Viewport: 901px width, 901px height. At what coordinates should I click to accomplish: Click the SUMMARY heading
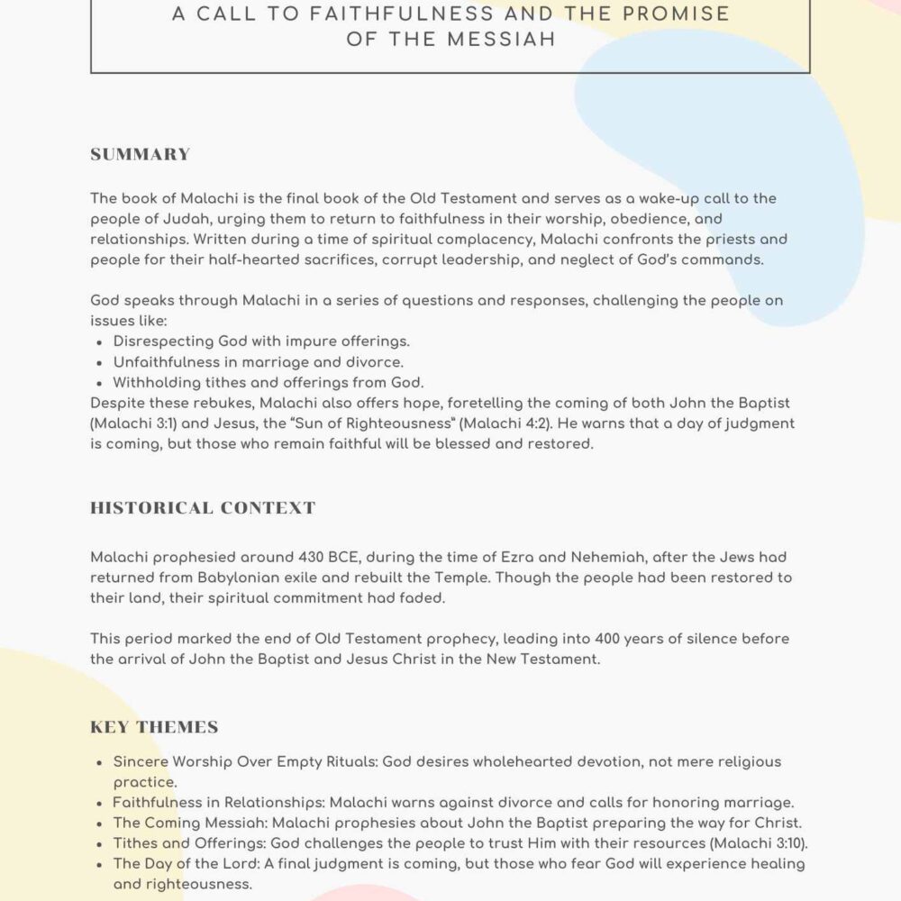[x=141, y=154]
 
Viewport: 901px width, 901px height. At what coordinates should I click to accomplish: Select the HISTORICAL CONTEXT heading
[x=203, y=508]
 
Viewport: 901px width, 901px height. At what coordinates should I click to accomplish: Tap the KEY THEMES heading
[x=154, y=727]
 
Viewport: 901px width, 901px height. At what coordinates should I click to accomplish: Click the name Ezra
[x=492, y=558]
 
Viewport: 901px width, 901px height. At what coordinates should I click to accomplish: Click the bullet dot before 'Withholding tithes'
[x=98, y=383]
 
